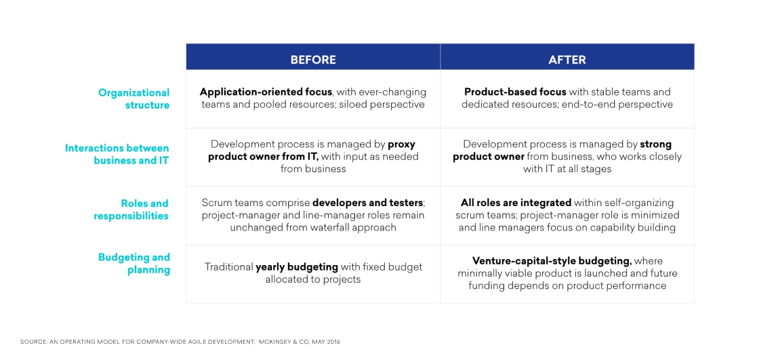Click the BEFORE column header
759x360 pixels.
click(x=312, y=60)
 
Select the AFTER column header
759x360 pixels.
click(x=567, y=60)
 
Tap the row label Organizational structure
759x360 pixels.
click(x=134, y=99)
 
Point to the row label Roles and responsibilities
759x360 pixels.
click(x=131, y=209)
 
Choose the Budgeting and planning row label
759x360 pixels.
click(x=134, y=264)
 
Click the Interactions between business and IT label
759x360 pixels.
click(x=117, y=154)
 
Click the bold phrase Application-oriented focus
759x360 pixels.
click(x=266, y=92)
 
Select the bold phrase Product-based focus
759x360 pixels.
click(x=515, y=92)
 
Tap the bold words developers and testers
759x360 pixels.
click(x=368, y=203)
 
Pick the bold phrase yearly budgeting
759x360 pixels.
click(x=297, y=267)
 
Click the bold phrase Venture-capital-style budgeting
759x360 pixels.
click(x=552, y=261)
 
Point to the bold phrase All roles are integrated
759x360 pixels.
click(x=516, y=203)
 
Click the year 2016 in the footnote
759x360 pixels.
click(x=333, y=342)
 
